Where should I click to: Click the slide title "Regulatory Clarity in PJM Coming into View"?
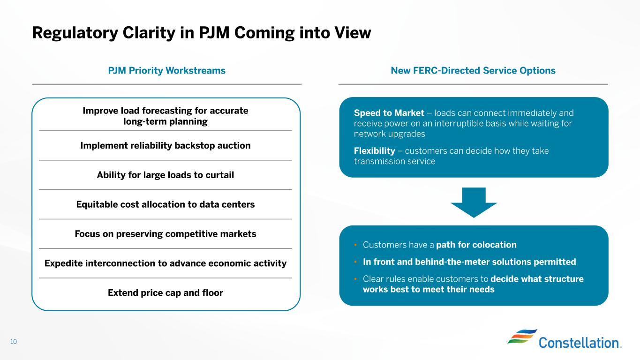[202, 33]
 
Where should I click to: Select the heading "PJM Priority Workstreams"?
[166, 71]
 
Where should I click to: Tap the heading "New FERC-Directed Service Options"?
[473, 71]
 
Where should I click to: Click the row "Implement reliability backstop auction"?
[166, 145]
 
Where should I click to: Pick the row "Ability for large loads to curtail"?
[166, 175]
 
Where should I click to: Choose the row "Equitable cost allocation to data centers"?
[166, 204]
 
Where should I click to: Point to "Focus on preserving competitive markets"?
[166, 234]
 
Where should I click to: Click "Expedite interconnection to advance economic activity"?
[166, 263]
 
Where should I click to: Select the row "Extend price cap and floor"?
[166, 292]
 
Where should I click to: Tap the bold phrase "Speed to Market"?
[389, 113]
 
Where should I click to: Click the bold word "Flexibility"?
[375, 150]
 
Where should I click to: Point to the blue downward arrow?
[474, 202]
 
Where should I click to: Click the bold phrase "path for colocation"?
[476, 245]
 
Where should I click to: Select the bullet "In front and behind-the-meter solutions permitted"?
[469, 262]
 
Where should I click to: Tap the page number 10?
[14, 341]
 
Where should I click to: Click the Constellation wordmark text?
[580, 343]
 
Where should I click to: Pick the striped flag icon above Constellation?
[522, 336]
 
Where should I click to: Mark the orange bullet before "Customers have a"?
[355, 245]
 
